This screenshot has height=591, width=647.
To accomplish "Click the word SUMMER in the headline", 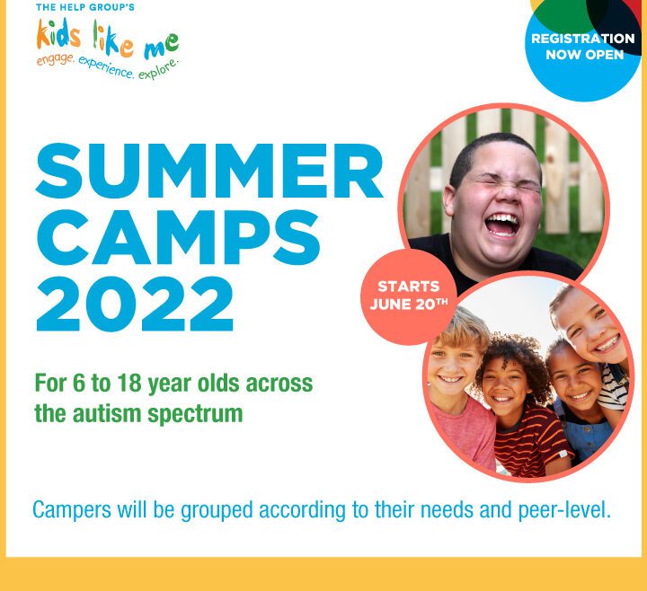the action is click(x=209, y=171).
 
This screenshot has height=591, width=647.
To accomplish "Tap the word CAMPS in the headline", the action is click(x=178, y=237).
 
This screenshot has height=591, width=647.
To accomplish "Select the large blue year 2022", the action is click(x=135, y=304).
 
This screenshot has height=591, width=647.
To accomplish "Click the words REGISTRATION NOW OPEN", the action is click(x=583, y=47).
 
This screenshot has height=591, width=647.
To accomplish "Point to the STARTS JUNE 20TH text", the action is click(x=409, y=295).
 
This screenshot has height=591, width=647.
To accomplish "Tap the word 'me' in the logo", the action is click(x=162, y=46).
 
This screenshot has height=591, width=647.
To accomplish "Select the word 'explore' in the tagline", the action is click(x=159, y=69).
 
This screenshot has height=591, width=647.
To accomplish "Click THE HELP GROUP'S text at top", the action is click(x=85, y=7).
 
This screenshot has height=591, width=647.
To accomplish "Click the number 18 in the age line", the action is click(x=129, y=384).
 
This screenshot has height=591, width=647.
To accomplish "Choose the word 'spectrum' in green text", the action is click(x=195, y=415).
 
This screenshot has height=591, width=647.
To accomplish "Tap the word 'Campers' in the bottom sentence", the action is click(x=72, y=510).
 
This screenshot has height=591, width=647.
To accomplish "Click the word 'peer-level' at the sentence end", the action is click(x=564, y=510).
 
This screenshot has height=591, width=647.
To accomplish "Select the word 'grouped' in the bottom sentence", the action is click(x=217, y=510).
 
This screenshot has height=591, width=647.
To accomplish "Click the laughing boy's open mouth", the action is click(x=502, y=225).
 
